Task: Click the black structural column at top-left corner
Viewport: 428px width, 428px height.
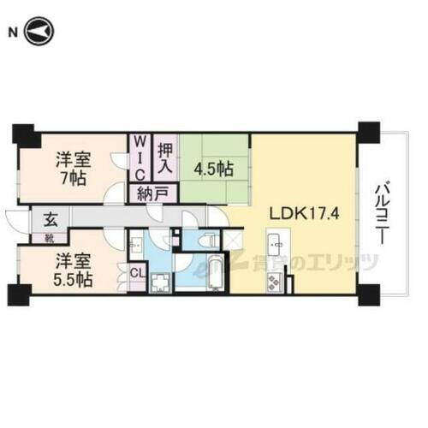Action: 22,135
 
